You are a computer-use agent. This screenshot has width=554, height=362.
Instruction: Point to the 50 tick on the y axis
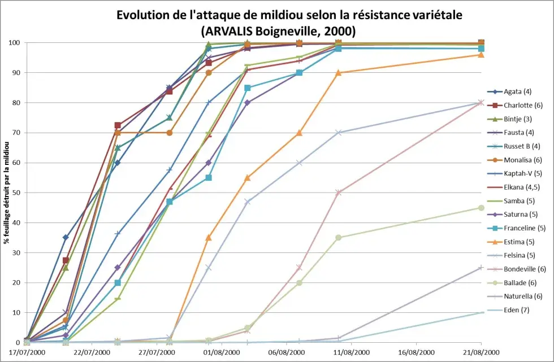coord(17,193)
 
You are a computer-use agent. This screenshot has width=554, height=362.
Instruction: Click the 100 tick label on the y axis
coord(15,43)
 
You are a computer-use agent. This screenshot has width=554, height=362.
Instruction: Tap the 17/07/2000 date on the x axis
coord(27,352)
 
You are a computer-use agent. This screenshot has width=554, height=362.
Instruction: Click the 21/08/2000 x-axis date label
coord(481,352)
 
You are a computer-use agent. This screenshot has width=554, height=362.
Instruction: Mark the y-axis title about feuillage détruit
coord(6,193)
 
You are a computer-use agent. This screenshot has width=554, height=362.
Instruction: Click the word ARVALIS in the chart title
coord(230,30)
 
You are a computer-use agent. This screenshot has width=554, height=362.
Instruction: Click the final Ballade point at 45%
coord(481,208)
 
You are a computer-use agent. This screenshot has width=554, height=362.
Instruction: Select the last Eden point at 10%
coord(481,312)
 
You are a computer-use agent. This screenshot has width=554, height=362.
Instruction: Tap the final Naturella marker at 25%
coord(481,268)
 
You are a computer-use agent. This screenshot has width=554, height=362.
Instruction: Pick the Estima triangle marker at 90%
coord(338,73)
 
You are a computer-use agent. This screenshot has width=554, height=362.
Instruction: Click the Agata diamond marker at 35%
coord(66,237)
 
